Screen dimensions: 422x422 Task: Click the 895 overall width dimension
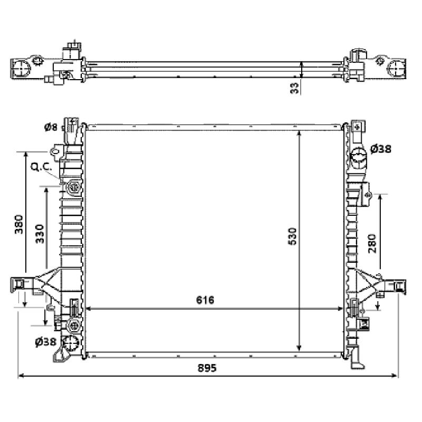pos(207,368)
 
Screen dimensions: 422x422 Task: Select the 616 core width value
pos(205,300)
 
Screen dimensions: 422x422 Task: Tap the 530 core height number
pos(292,236)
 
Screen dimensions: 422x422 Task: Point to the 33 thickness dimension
pos(295,88)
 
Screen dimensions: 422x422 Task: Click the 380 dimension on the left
pos(19,224)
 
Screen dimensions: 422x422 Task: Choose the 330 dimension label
pos(40,234)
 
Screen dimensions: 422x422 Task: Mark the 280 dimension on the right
pos(372,243)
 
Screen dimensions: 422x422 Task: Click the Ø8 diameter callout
pos(51,127)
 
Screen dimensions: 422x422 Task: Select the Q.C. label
pos(41,167)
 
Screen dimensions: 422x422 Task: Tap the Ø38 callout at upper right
pos(380,149)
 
